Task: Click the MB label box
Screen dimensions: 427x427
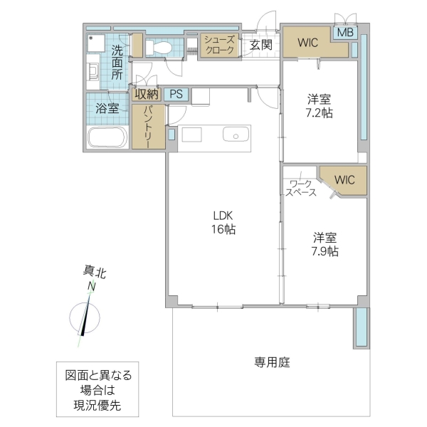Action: pyautogui.click(x=345, y=33)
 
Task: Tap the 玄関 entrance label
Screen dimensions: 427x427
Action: pyautogui.click(x=260, y=45)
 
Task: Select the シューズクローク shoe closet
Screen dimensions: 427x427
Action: pyautogui.click(x=219, y=45)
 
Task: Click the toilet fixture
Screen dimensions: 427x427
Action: pyautogui.click(x=160, y=48)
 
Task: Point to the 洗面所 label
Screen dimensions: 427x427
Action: pyautogui.click(x=117, y=62)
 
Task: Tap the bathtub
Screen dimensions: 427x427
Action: pyautogui.click(x=107, y=137)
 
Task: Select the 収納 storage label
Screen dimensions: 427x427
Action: pyautogui.click(x=147, y=94)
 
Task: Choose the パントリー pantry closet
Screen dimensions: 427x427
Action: pyautogui.click(x=149, y=127)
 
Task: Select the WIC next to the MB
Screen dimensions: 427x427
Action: pyautogui.click(x=308, y=42)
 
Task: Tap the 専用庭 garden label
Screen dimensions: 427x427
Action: pyautogui.click(x=273, y=362)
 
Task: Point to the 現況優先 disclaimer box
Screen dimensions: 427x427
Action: pyautogui.click(x=94, y=391)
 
